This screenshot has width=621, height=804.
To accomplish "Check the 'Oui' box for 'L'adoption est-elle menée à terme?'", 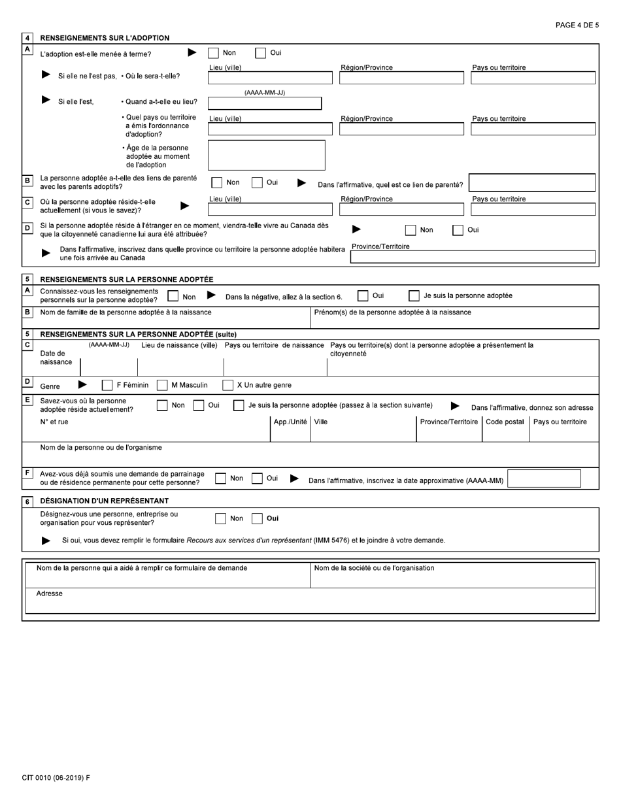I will [260, 54].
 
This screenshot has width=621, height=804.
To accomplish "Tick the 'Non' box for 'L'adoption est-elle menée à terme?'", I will [213, 54].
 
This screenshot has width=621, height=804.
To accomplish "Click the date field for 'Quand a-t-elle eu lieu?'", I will [264, 103].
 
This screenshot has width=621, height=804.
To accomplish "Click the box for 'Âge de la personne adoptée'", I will [266, 155].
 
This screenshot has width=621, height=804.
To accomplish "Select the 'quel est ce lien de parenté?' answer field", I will [532, 182].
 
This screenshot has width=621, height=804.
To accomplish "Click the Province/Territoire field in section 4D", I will [473, 257].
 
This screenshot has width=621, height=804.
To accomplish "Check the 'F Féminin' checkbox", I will [107, 386].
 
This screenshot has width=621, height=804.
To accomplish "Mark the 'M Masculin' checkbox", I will [162, 386].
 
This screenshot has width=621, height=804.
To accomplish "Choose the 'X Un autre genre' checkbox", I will [227, 386].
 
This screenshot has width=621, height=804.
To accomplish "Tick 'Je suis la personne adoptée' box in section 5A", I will [414, 296].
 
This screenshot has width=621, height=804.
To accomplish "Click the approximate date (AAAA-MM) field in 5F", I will [544, 478].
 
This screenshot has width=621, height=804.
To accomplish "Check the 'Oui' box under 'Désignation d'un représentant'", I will [257, 519].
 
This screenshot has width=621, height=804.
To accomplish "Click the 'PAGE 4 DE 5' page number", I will [577, 25].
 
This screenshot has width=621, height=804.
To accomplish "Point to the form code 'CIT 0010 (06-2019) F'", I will [56, 778].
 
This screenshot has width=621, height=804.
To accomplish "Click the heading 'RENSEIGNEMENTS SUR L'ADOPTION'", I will [105, 38].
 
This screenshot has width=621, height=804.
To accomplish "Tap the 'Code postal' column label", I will [505, 422].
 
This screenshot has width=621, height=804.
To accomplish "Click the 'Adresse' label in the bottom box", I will [50, 594].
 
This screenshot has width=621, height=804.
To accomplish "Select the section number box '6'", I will [27, 501].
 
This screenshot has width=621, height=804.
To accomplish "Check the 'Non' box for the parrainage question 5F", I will [221, 478].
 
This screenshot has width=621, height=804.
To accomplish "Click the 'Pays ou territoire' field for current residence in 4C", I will [533, 209].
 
